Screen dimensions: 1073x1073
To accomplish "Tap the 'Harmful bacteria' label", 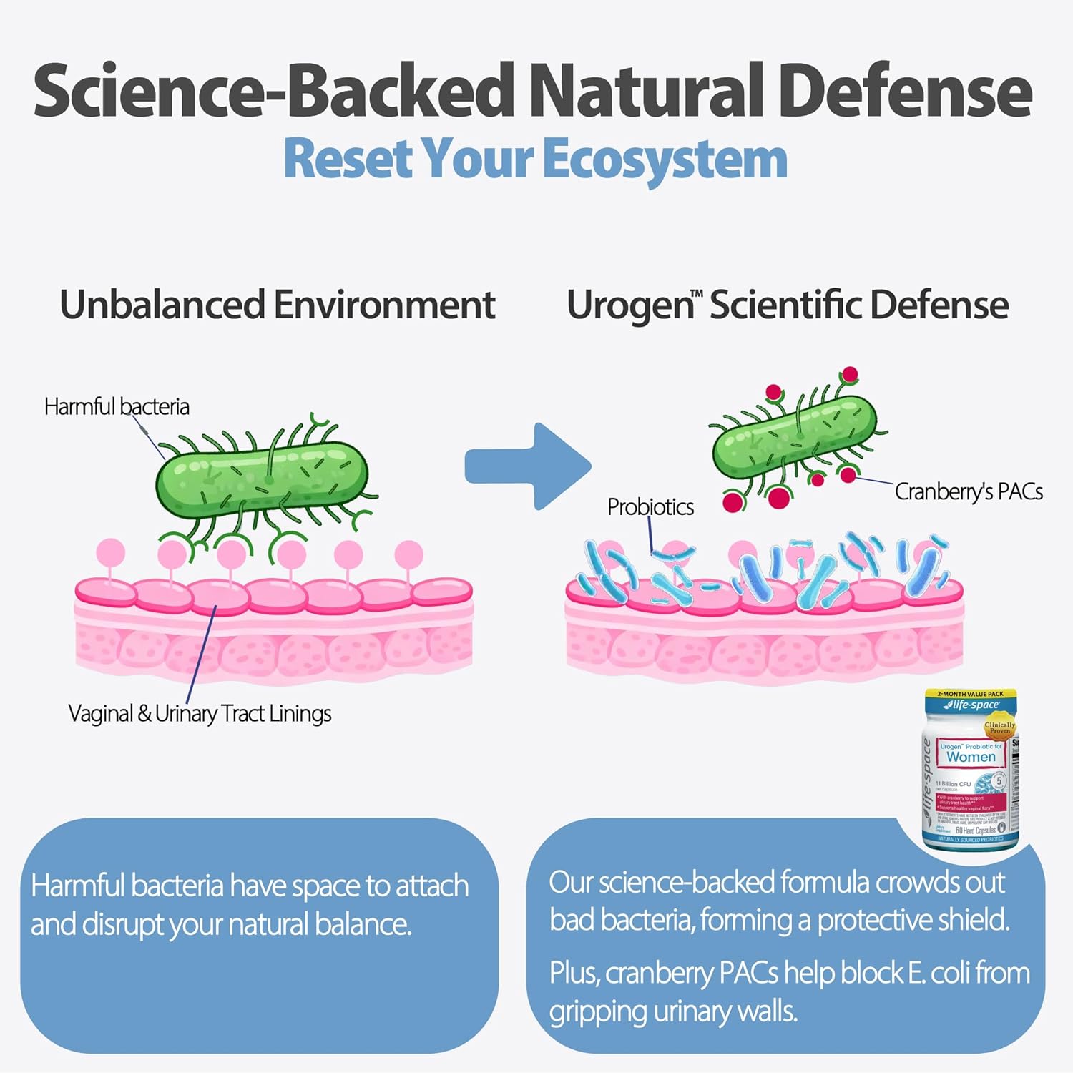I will tap(117, 407).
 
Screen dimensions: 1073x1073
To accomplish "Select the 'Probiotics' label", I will tap(650, 507).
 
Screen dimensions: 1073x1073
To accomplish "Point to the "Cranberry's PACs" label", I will tap(969, 492).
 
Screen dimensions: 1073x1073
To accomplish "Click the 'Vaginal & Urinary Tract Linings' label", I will tap(200, 714).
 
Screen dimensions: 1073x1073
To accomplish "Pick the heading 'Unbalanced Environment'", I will tap(277, 305).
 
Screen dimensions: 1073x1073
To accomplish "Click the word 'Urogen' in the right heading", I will tap(629, 306).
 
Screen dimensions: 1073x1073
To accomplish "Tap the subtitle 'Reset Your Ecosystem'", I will tap(535, 159).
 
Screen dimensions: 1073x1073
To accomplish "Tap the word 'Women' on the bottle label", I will tap(971, 757).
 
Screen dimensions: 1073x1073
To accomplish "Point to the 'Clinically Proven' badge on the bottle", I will tap(999, 728).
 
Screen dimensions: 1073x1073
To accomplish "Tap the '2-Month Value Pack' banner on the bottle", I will tap(970, 694).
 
